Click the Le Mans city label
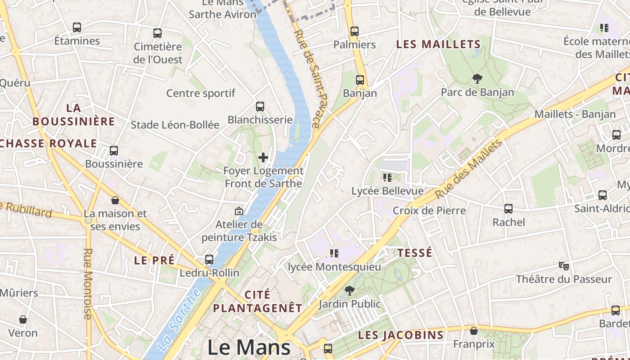tap(249, 347)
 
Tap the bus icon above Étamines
tap(77, 27)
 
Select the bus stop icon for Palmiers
tap(355, 31)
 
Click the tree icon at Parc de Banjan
tap(477, 79)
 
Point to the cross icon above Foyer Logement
tap(263, 157)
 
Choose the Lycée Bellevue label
tap(387, 191)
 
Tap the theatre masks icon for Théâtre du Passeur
tap(563, 265)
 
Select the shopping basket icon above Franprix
tap(474, 331)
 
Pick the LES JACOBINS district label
tap(401, 335)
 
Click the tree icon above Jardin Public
tap(349, 291)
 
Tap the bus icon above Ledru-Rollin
tap(209, 260)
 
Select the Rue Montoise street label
tap(88, 283)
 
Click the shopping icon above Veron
tap(23, 319)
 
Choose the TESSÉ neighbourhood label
tap(415, 253)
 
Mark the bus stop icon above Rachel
tap(508, 209)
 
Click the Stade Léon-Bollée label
tap(175, 125)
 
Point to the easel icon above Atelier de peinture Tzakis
tap(239, 211)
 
